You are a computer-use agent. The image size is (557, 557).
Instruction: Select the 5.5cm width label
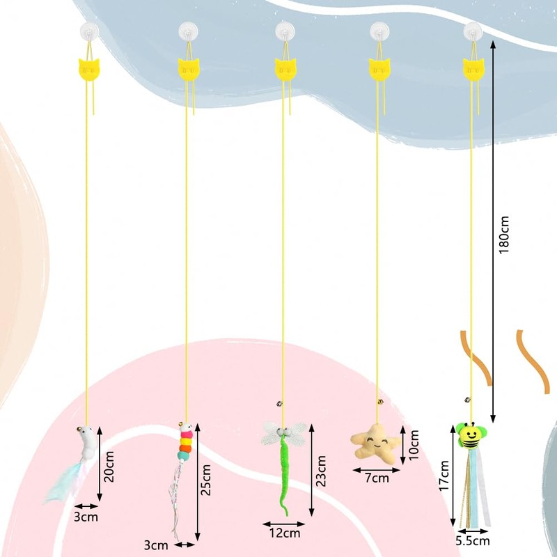[473, 540]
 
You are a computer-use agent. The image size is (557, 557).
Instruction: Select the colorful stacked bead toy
[185, 446]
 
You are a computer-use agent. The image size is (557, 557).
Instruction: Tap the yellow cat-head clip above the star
[379, 68]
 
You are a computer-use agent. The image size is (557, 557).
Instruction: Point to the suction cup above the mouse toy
[88, 31]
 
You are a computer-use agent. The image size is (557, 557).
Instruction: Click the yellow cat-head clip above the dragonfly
[283, 68]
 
